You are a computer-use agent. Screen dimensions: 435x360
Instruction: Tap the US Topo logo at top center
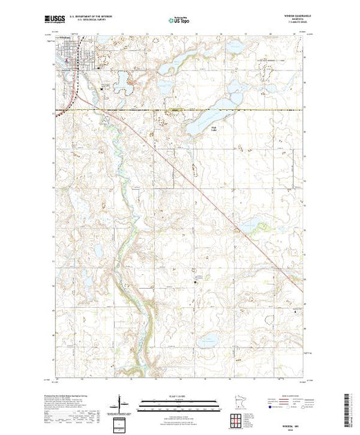178,22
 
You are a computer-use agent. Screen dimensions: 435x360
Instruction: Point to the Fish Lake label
195,128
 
